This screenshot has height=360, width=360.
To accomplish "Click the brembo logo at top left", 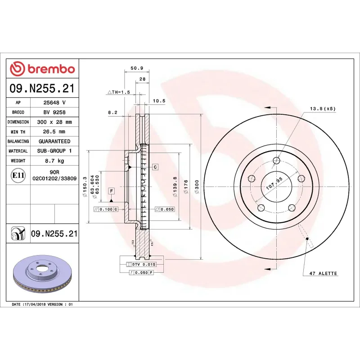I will click(x=42, y=69).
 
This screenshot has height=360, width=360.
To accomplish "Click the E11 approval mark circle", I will click(x=18, y=175).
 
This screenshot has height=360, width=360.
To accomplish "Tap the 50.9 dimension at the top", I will click(x=136, y=68).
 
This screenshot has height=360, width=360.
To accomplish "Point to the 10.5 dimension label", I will click(x=159, y=101).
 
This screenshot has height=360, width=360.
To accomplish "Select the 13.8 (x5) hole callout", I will click(x=322, y=109).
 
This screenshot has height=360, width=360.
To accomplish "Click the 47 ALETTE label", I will click(x=323, y=274).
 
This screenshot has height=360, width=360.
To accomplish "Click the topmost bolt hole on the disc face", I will click(x=276, y=160).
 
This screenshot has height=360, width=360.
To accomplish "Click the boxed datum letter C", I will click(x=155, y=167).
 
